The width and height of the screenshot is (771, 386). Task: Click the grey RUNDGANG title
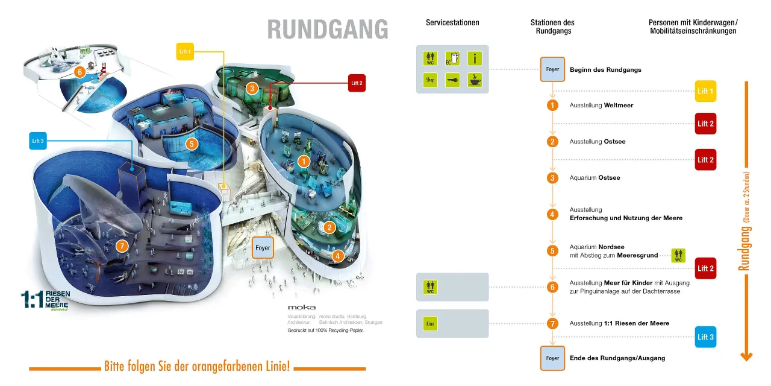(328, 29)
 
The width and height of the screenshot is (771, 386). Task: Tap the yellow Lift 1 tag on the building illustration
(185, 52)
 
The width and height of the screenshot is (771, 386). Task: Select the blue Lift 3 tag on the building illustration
(37, 142)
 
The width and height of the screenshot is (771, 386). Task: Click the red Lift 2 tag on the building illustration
(357, 83)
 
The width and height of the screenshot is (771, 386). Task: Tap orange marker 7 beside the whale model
(122, 245)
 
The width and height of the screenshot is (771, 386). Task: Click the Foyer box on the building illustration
(263, 248)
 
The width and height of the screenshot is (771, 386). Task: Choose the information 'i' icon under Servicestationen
(475, 59)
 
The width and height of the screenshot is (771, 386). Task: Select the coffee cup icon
(475, 80)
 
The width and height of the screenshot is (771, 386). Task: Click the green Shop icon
(430, 80)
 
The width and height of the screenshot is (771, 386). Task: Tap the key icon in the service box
(452, 80)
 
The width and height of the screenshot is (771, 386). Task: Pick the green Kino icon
(430, 324)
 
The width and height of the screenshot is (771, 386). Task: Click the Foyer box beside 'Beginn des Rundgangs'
(552, 69)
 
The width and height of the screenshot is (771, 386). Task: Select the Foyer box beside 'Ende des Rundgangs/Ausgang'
(552, 358)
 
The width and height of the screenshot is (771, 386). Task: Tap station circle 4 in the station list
(552, 214)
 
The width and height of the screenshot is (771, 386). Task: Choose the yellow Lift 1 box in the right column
(705, 91)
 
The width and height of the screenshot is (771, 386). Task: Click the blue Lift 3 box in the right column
(705, 337)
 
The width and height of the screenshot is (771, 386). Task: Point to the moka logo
(301, 307)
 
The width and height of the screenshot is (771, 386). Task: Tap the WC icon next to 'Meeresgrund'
(678, 255)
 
